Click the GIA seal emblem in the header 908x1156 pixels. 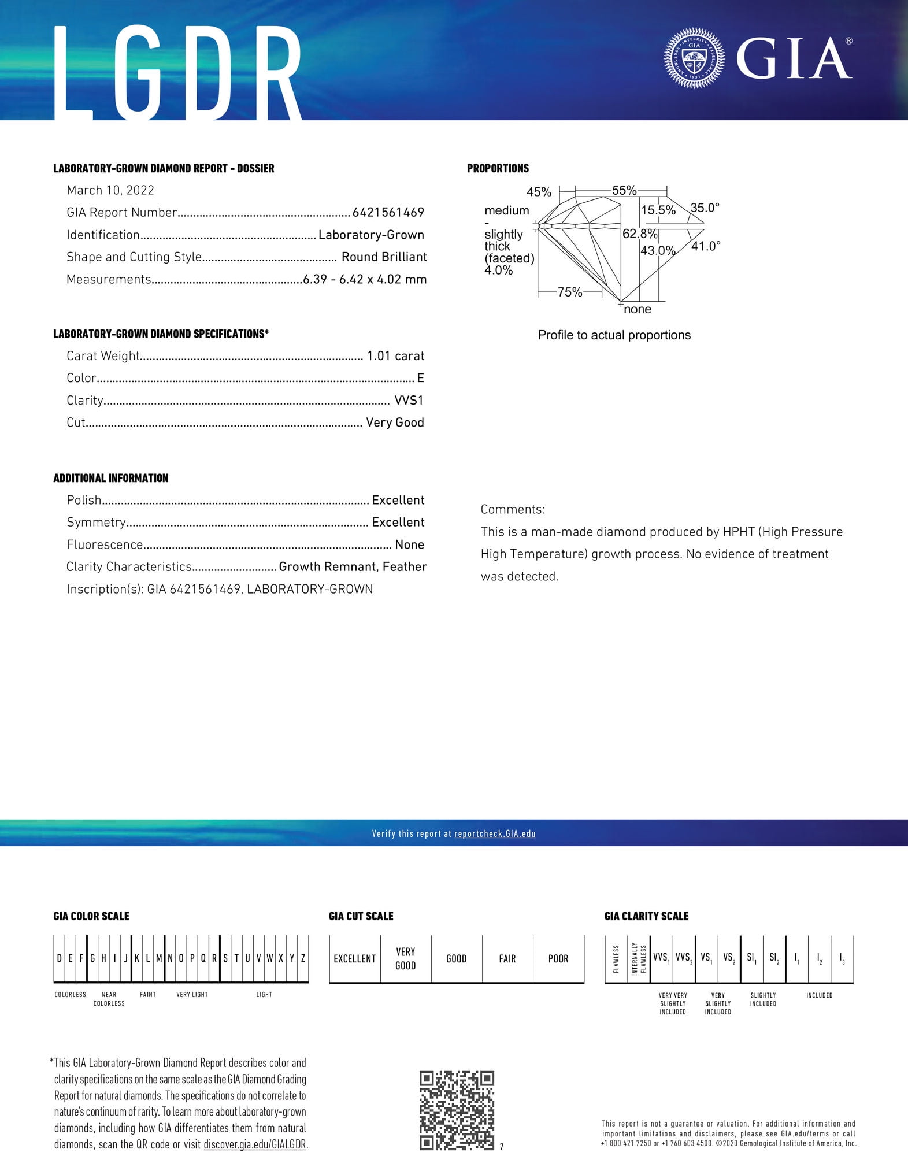(x=694, y=58)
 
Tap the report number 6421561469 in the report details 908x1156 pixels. (x=388, y=213)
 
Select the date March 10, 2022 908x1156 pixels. (x=110, y=190)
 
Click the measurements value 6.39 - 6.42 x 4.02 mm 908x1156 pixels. (x=365, y=279)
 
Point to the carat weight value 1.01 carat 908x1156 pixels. (x=395, y=356)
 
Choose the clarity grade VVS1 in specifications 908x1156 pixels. (x=409, y=400)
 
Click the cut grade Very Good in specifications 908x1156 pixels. (x=395, y=423)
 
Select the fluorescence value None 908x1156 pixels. (x=409, y=544)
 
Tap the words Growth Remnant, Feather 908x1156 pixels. (x=353, y=567)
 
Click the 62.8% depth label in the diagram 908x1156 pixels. (x=639, y=234)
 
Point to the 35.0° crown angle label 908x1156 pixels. (x=705, y=208)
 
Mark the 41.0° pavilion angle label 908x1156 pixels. (x=706, y=246)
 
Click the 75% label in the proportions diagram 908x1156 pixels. (x=570, y=292)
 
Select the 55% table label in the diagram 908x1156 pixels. (x=624, y=190)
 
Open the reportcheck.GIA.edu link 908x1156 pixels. (x=495, y=833)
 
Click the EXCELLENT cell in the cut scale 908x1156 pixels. (x=354, y=958)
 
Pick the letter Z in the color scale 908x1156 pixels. (x=303, y=958)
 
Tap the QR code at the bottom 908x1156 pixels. (x=457, y=1110)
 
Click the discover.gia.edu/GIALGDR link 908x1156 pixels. (x=254, y=1144)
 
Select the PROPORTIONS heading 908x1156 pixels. (x=498, y=168)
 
